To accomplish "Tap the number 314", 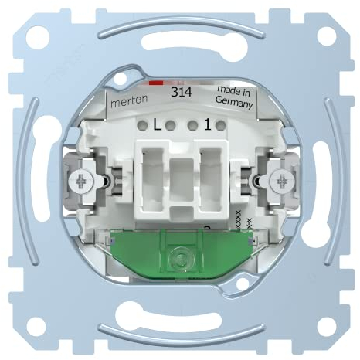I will point(182,91).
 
